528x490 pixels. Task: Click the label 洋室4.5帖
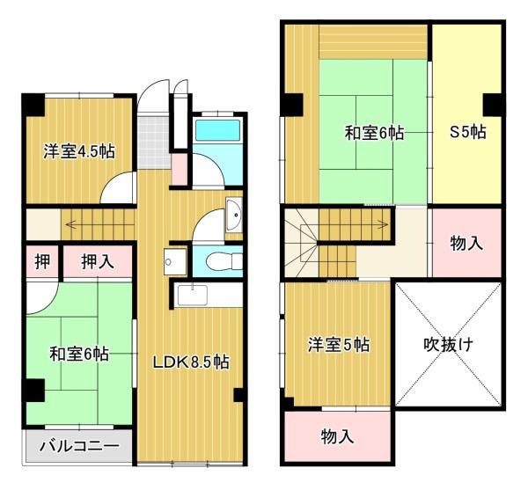tap(79, 152)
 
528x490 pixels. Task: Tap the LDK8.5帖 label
tap(191, 362)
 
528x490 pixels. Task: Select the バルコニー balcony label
tap(79, 446)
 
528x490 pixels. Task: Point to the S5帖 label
tap(468, 132)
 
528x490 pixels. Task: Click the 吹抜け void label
tap(449, 344)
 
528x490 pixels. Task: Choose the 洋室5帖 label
tap(339, 345)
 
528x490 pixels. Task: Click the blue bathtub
tap(218, 130)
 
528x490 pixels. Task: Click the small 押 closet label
tap(42, 261)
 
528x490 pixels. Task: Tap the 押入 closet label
tap(98, 261)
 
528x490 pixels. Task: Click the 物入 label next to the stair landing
tap(466, 243)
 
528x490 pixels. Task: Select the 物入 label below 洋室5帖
tap(337, 436)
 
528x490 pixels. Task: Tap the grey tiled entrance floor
tap(153, 143)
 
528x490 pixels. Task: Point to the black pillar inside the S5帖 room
tap(493, 105)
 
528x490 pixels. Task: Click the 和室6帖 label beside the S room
tap(374, 133)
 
